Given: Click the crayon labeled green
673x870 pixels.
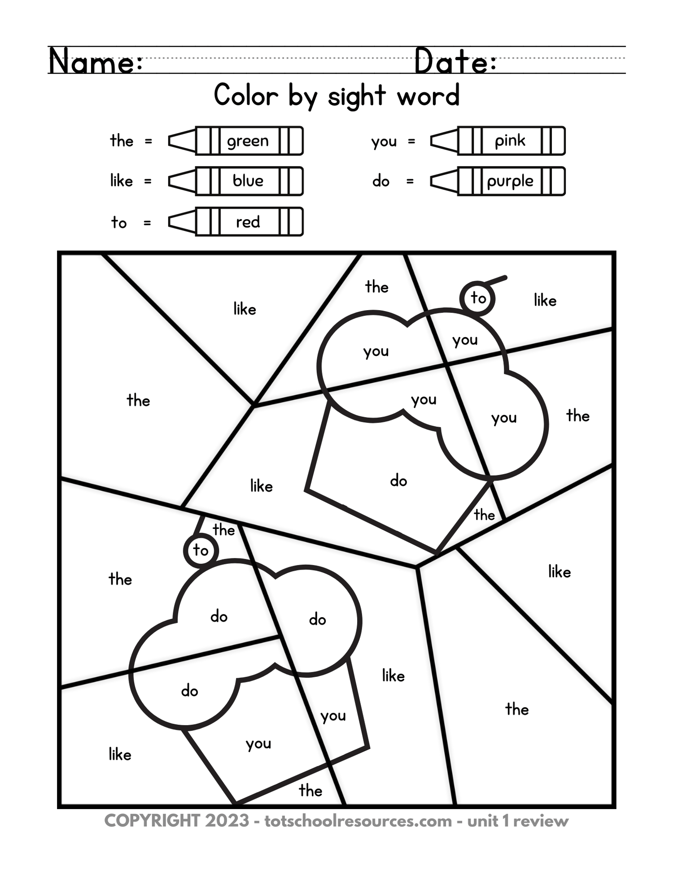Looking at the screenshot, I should [x=236, y=141].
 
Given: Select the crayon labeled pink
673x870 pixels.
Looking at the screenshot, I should [x=498, y=141].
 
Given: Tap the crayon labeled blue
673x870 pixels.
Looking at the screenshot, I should [x=236, y=181].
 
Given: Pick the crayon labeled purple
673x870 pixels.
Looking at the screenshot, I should [x=498, y=181].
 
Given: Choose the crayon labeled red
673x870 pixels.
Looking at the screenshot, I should [x=236, y=221].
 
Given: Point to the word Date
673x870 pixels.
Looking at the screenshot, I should [x=455, y=62].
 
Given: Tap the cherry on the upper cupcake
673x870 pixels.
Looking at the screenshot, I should [x=478, y=298].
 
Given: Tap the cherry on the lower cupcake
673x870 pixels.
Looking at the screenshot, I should [x=201, y=550].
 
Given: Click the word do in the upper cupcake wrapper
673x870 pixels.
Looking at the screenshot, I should [x=398, y=481].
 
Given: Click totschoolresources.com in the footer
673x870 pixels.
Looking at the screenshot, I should [x=358, y=821].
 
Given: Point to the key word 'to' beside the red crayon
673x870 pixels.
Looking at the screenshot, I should [x=119, y=222].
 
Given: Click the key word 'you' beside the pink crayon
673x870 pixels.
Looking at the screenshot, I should [x=384, y=142].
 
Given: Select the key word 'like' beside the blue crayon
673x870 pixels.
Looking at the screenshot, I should [x=122, y=181].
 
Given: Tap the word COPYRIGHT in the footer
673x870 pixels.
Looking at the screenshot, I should [x=152, y=821].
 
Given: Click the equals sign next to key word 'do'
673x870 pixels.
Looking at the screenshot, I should [x=410, y=182].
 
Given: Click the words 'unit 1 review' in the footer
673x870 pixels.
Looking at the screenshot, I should [x=518, y=821].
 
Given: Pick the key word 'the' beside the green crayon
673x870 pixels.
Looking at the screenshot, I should [x=122, y=141].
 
